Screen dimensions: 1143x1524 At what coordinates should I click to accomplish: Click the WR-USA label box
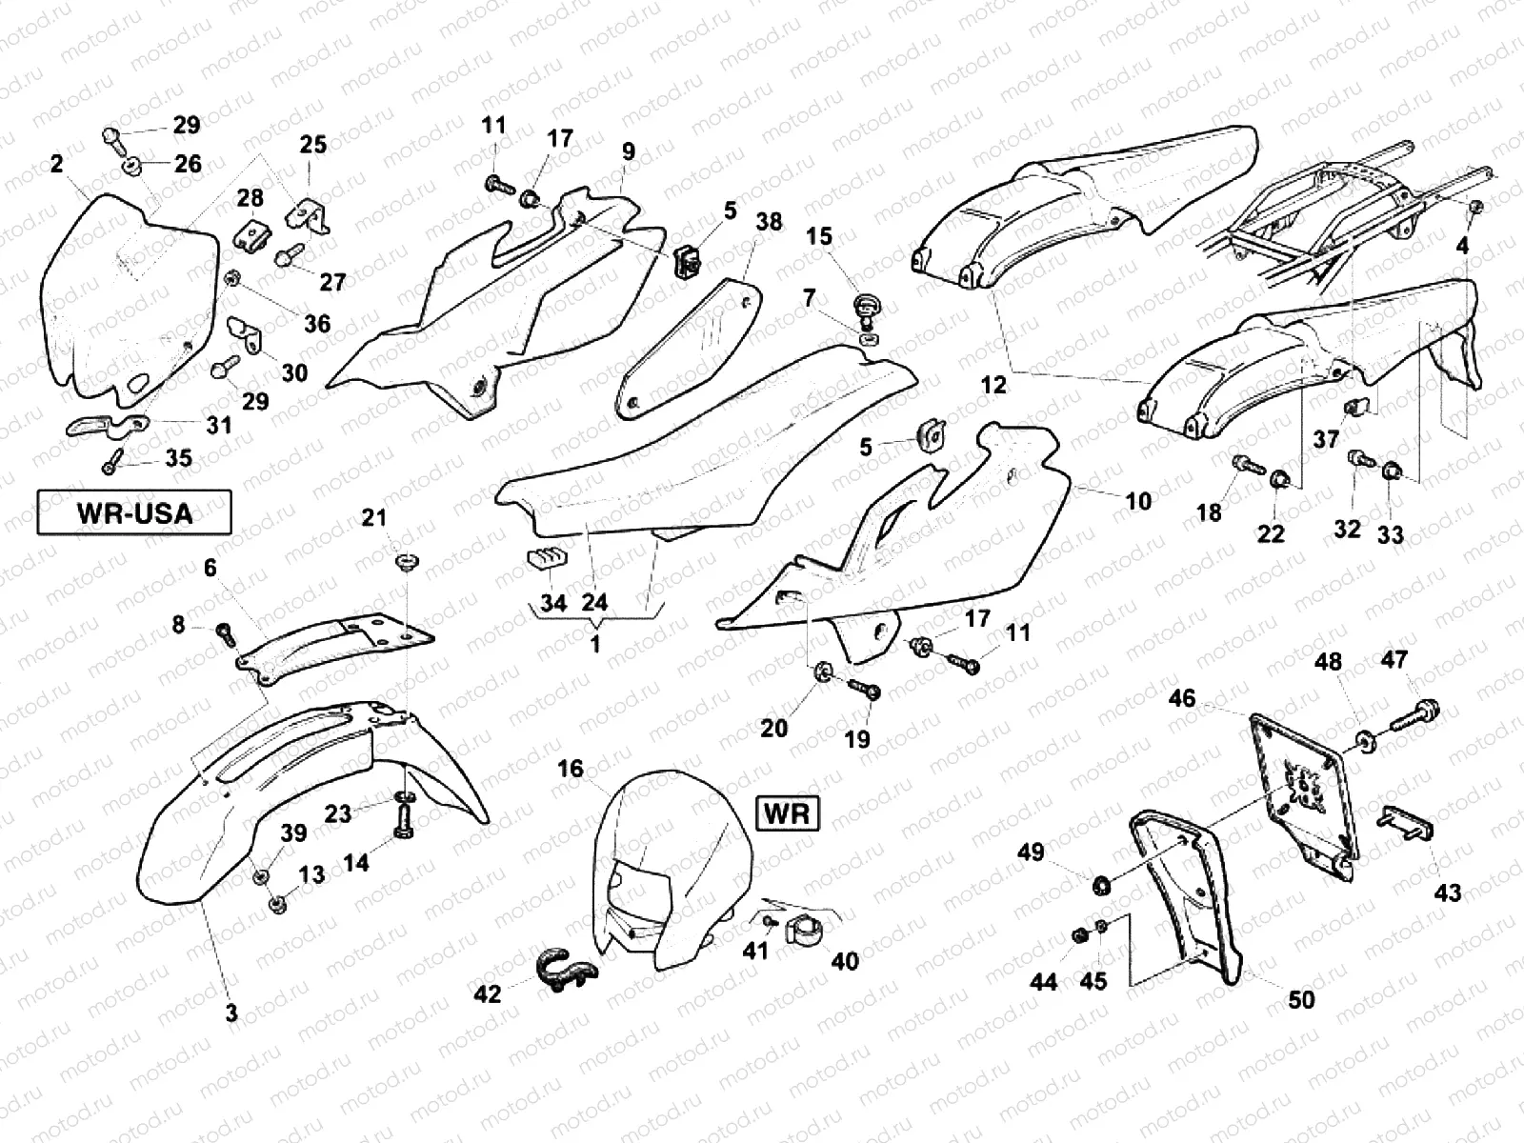pyautogui.click(x=133, y=513)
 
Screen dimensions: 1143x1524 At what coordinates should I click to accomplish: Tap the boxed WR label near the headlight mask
pyautogui.click(x=788, y=812)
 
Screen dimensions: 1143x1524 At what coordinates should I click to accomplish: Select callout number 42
pyautogui.click(x=488, y=994)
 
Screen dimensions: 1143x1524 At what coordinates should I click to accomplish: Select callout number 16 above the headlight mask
pyautogui.click(x=570, y=769)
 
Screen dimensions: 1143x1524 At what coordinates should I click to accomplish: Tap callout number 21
pyautogui.click(x=374, y=517)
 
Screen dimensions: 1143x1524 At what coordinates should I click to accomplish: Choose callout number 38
pyautogui.click(x=769, y=221)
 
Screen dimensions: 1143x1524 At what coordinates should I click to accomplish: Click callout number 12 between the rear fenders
pyautogui.click(x=993, y=385)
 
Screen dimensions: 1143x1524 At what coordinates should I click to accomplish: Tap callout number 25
pyautogui.click(x=312, y=145)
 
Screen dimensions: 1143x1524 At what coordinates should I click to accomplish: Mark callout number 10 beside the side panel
pyautogui.click(x=1138, y=500)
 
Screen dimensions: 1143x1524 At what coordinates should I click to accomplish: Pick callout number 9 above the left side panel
pyautogui.click(x=628, y=151)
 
